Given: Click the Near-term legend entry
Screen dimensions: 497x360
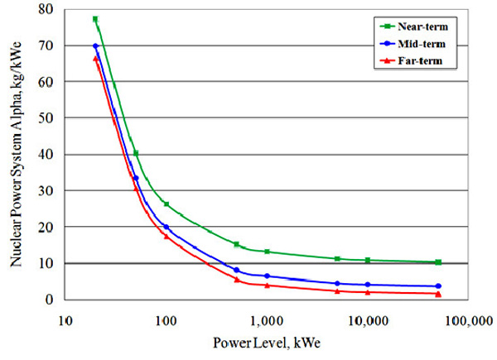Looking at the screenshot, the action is pyautogui.click(x=414, y=26).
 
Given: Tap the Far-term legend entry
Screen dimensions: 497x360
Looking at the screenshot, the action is pyautogui.click(x=411, y=60).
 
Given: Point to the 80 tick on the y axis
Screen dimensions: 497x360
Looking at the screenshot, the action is pyautogui.click(x=46, y=9).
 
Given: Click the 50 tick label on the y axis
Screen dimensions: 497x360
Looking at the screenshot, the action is pyautogui.click(x=46, y=118).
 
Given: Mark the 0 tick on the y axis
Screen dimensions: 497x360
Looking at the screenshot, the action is pyautogui.click(x=49, y=300).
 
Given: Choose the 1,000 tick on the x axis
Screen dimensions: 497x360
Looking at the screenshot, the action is pyautogui.click(x=267, y=321).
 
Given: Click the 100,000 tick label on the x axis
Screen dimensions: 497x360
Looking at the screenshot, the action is pyautogui.click(x=469, y=321).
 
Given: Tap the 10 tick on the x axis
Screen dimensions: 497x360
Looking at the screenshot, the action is pyautogui.click(x=65, y=321).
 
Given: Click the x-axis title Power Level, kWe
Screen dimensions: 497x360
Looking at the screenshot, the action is pyautogui.click(x=267, y=343).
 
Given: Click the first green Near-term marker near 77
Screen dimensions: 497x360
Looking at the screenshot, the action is pyautogui.click(x=95, y=19).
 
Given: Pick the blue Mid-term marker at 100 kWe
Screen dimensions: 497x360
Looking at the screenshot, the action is pyautogui.click(x=166, y=227).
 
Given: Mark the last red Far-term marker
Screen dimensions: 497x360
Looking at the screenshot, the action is pyautogui.click(x=438, y=294).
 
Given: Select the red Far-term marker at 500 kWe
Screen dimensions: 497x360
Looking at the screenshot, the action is pyautogui.click(x=236, y=280).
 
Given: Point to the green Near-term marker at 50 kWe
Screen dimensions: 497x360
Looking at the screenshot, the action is pyautogui.click(x=136, y=154).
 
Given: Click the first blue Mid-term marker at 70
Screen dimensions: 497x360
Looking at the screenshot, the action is pyautogui.click(x=95, y=46).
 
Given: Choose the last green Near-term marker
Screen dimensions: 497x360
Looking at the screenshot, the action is pyautogui.click(x=438, y=262).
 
